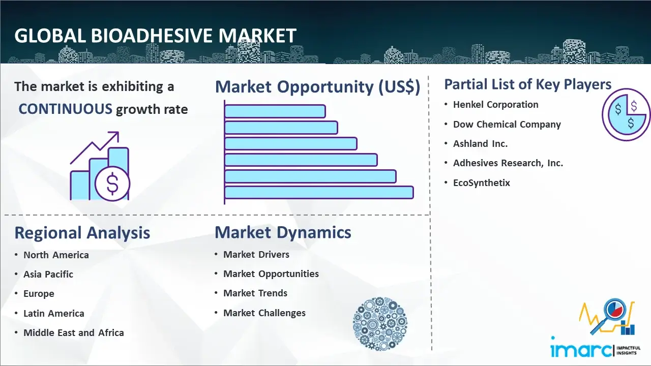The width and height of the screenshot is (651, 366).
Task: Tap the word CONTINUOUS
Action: coord(66,109)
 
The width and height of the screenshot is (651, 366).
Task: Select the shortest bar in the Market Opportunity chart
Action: coord(275,111)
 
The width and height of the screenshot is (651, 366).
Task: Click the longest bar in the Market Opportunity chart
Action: coord(319,192)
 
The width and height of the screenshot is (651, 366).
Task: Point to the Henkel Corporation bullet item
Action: coord(496,104)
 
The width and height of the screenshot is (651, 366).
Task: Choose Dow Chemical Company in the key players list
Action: coord(507,125)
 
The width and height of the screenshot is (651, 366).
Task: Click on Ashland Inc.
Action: coord(481,143)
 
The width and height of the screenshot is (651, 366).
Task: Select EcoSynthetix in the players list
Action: coord(482,182)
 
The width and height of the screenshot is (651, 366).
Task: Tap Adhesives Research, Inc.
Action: coord(508,163)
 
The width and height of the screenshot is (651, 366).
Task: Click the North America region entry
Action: coord(56,255)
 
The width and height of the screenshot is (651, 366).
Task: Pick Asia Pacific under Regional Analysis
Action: coord(48,274)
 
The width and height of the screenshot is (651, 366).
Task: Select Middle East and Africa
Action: coord(74,332)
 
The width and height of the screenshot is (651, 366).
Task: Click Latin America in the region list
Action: coord(54,313)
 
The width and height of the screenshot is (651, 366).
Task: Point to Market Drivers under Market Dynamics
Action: coord(256,255)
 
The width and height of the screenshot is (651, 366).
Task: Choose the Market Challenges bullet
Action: coord(264,313)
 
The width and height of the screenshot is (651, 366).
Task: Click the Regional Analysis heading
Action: coord(82,233)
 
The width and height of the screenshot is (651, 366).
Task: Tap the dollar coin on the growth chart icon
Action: coord(112,184)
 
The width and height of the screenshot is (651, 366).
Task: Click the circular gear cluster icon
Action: coord(380,324)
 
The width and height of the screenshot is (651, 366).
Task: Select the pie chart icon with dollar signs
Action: coord(626,115)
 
